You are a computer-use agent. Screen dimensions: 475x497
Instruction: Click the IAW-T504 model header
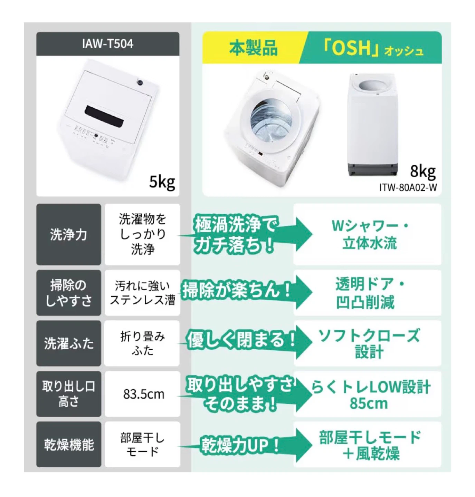[108, 44]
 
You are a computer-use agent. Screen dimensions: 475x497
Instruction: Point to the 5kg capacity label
[162, 182]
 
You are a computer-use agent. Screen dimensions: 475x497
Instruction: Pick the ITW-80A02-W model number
[408, 187]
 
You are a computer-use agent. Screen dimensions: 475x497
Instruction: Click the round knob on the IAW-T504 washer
[140, 82]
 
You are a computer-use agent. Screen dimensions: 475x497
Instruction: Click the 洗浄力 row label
[68, 234]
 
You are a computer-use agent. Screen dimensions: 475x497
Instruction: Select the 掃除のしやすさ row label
[68, 293]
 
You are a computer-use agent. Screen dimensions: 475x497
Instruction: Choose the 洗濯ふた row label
[68, 343]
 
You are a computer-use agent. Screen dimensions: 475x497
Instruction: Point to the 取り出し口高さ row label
[68, 394]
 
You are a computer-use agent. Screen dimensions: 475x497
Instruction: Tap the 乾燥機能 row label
[68, 445]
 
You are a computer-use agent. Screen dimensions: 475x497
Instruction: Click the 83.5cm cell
[143, 394]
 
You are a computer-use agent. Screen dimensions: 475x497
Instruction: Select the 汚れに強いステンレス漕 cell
[142, 293]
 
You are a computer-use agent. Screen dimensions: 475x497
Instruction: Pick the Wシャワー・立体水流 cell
[367, 234]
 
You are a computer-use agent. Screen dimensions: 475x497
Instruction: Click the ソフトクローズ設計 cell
[367, 343]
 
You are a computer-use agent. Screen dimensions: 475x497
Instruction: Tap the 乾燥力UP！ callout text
[240, 446]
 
